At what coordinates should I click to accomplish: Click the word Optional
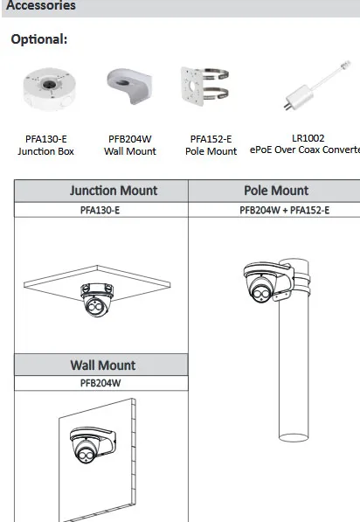coord(39,39)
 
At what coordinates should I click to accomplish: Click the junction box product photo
coord(49,88)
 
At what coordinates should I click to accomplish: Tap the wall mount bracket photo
coord(129,86)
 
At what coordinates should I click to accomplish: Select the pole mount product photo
coord(204,86)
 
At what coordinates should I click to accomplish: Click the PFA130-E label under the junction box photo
coord(46,139)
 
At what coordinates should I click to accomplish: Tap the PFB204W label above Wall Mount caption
coord(130,139)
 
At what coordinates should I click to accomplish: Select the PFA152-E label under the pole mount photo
coord(211,139)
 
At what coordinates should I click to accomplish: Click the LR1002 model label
coord(308,138)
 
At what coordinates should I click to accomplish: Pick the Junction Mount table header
coord(114,191)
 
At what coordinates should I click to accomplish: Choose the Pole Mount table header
coord(276,191)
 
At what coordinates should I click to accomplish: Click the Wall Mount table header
coord(103,365)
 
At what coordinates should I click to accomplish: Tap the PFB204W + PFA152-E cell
coord(285,210)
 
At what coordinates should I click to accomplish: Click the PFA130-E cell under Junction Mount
coord(100,210)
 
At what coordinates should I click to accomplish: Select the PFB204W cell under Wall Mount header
coord(100,383)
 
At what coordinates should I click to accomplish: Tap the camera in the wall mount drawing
coord(93,445)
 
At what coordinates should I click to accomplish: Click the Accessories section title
coord(41,5)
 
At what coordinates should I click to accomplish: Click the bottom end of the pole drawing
coord(294,437)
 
